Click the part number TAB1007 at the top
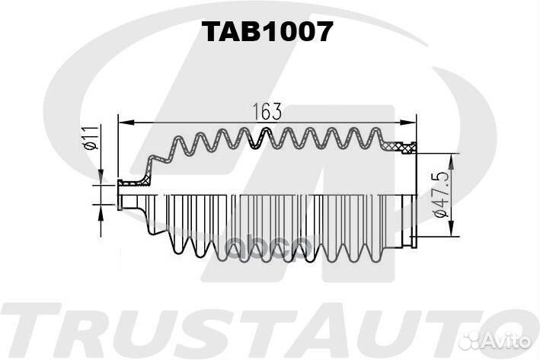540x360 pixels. (267, 31)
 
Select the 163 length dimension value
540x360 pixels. (267, 111)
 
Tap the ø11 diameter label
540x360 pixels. (89, 140)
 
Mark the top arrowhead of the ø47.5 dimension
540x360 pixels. (451, 158)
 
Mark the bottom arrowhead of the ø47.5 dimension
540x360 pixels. (451, 231)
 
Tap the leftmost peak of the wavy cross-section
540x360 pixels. (179, 139)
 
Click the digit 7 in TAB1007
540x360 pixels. (323, 31)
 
